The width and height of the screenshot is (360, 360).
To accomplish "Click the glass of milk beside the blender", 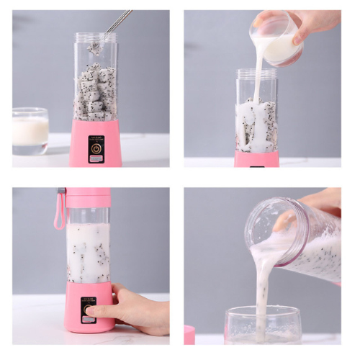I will point(30,131).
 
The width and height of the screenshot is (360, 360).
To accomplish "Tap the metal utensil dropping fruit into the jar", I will point(118,22).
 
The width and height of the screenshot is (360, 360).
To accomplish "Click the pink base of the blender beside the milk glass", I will point(96,144).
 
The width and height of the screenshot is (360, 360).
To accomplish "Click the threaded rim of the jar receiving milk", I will point(256,74).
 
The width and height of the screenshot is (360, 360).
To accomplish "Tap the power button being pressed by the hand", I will point(89,309).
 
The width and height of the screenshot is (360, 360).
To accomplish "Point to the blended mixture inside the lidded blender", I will point(89,252).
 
